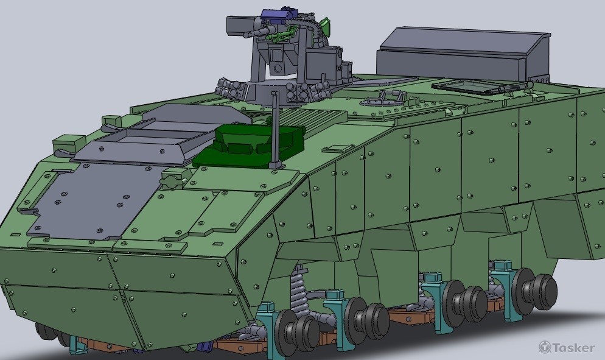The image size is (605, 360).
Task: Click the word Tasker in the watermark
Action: tap(574, 348)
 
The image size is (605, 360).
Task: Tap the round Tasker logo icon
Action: tap(545, 347)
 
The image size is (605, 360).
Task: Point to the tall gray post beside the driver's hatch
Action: tap(275, 129)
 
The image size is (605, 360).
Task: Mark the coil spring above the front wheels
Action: tap(298, 290)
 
